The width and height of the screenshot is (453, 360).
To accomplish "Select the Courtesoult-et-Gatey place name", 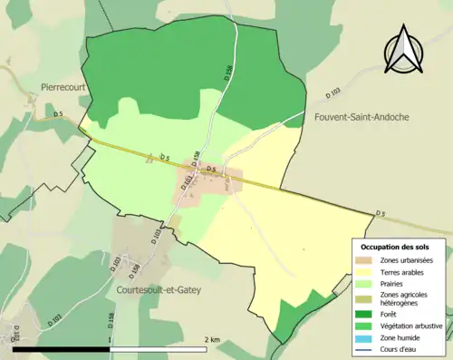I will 159,290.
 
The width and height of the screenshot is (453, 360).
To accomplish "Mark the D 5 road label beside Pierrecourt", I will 58,113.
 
